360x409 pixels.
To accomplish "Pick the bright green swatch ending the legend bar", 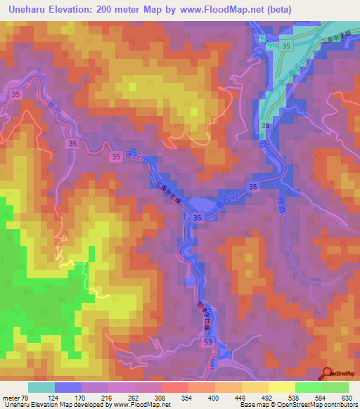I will coord(335,387).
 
